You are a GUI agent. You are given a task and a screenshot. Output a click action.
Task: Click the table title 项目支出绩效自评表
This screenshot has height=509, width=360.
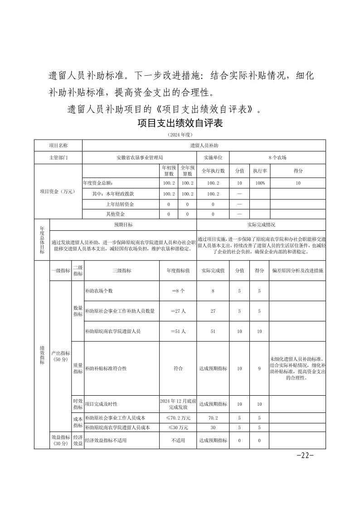tap(180, 123)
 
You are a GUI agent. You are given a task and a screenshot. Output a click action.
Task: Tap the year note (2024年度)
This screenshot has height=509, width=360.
tap(180, 135)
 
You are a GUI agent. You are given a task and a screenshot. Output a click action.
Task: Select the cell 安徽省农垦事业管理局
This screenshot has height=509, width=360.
tap(139, 158)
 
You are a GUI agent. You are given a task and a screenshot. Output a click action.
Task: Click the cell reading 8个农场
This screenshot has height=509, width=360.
tap(277, 158)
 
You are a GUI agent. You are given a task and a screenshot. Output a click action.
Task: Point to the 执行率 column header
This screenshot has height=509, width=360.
tap(260, 171)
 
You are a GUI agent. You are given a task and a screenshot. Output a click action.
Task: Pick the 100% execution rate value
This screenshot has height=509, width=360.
tap(260, 183)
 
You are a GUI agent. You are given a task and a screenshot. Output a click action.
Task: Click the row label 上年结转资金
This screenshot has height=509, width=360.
tap(120, 204)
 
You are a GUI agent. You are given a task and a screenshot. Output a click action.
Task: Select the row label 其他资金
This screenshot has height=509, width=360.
tap(116, 214)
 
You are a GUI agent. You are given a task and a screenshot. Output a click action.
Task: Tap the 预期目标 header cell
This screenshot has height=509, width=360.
tap(123, 225)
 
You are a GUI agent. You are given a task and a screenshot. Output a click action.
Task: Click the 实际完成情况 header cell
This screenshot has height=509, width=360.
tap(261, 225)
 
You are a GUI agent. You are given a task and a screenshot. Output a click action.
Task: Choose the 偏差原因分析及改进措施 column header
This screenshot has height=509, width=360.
tap(297, 271)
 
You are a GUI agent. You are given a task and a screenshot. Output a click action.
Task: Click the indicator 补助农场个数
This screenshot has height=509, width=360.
tap(99, 291)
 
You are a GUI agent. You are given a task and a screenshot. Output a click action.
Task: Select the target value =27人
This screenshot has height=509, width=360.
tap(178, 311)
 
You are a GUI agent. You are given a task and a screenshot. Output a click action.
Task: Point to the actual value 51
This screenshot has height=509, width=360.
tap(213, 331)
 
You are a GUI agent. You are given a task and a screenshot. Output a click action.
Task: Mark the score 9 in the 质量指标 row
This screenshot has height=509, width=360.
tap(259, 368)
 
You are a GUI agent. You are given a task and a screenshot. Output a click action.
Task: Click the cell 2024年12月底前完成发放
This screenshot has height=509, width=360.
tap(178, 404)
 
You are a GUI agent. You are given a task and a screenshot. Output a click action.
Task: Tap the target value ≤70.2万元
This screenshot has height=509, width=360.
tap(178, 417)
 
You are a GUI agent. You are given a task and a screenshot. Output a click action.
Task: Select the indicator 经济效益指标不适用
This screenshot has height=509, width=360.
tap(106, 440)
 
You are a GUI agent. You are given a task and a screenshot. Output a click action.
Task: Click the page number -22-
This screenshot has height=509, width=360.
tap(305, 456)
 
